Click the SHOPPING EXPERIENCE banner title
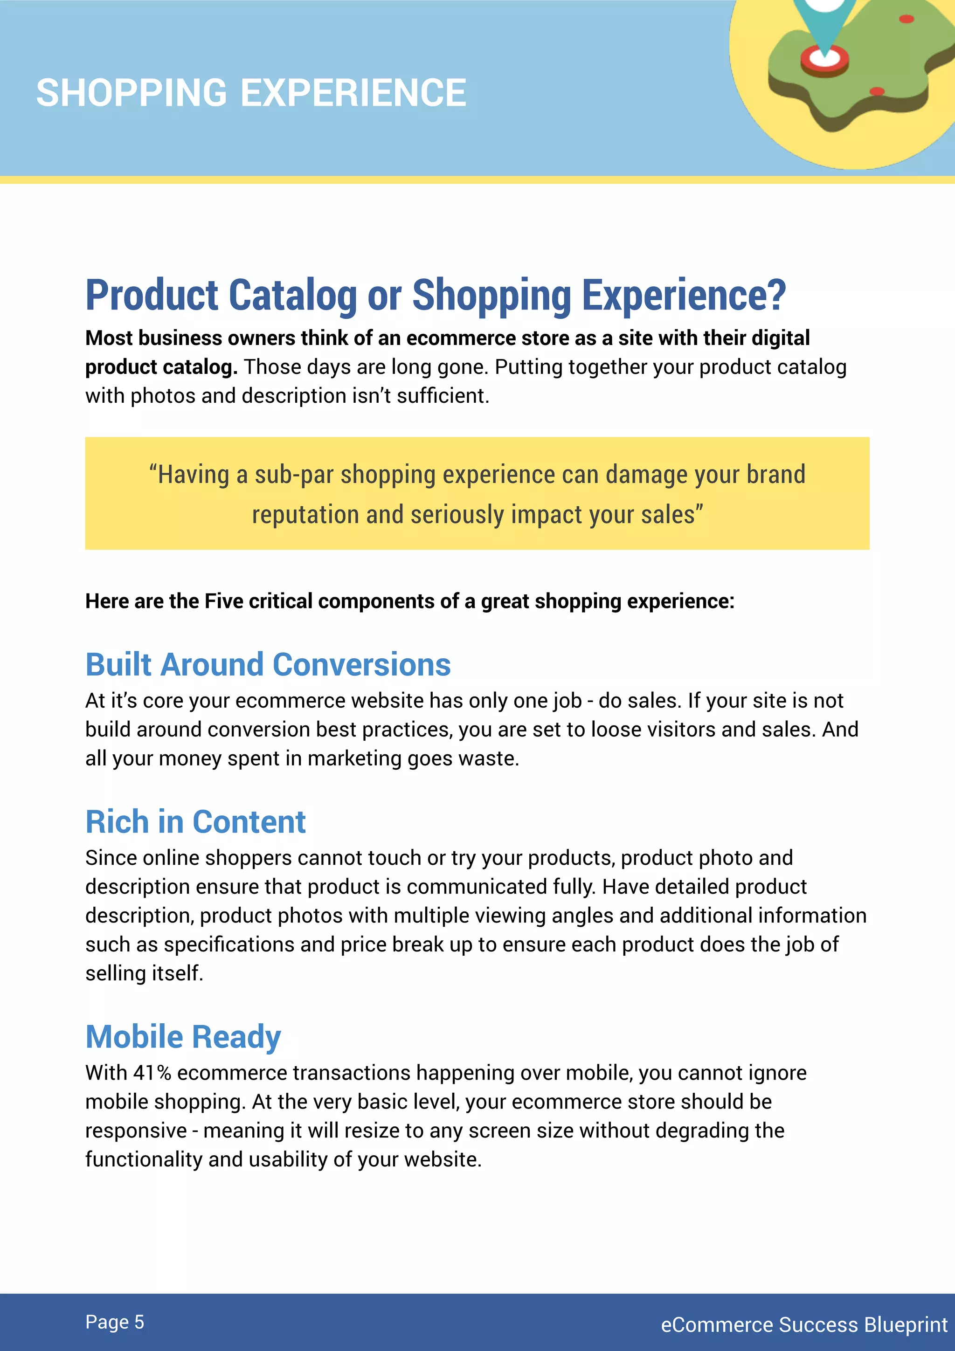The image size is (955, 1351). (x=251, y=93)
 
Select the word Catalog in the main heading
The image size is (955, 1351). (x=292, y=296)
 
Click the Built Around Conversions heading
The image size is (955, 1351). (x=268, y=665)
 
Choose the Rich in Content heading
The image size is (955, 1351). (x=195, y=822)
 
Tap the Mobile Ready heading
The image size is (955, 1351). (x=183, y=1037)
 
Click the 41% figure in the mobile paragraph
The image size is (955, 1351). (x=152, y=1073)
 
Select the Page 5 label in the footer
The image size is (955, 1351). (x=115, y=1322)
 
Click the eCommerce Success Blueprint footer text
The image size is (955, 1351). (x=804, y=1324)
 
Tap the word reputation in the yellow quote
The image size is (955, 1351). (x=305, y=515)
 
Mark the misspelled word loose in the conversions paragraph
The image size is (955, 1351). (x=616, y=730)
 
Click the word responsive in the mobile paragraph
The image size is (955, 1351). (x=136, y=1131)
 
